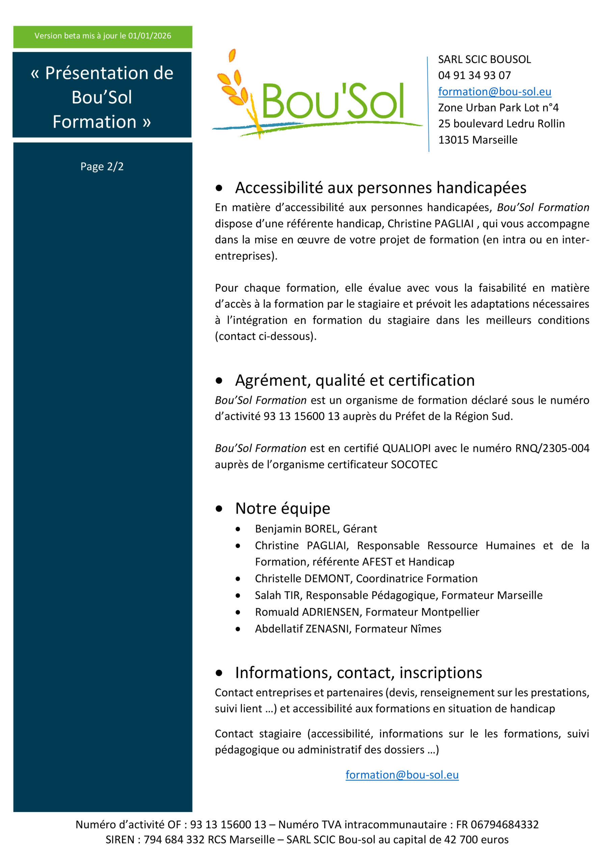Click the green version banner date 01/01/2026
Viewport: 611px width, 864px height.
coord(150,36)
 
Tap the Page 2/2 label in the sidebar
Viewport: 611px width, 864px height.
coord(102,166)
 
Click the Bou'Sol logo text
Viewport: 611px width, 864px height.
coord(333,101)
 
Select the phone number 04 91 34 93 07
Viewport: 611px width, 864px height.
coord(474,75)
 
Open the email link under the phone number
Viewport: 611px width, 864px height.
coord(494,91)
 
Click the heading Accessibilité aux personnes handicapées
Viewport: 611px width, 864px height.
coord(380,187)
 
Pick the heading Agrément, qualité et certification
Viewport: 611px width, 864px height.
coord(355,380)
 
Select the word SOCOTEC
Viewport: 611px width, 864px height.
coord(414,464)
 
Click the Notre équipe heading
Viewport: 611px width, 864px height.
coord(282,508)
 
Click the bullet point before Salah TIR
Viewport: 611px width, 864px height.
coord(238,595)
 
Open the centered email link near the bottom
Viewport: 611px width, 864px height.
coord(402,775)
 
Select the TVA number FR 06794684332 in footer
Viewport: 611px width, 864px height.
coord(497,824)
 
